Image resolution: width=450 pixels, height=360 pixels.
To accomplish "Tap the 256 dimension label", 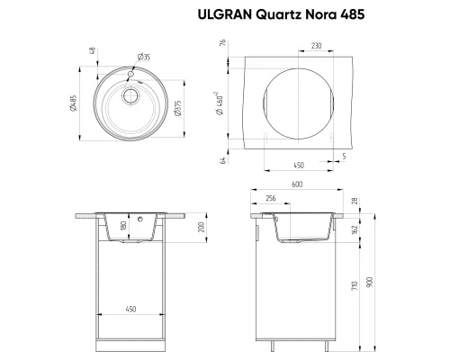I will [x=271, y=198].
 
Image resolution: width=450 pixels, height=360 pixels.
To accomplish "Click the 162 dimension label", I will [x=355, y=229].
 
